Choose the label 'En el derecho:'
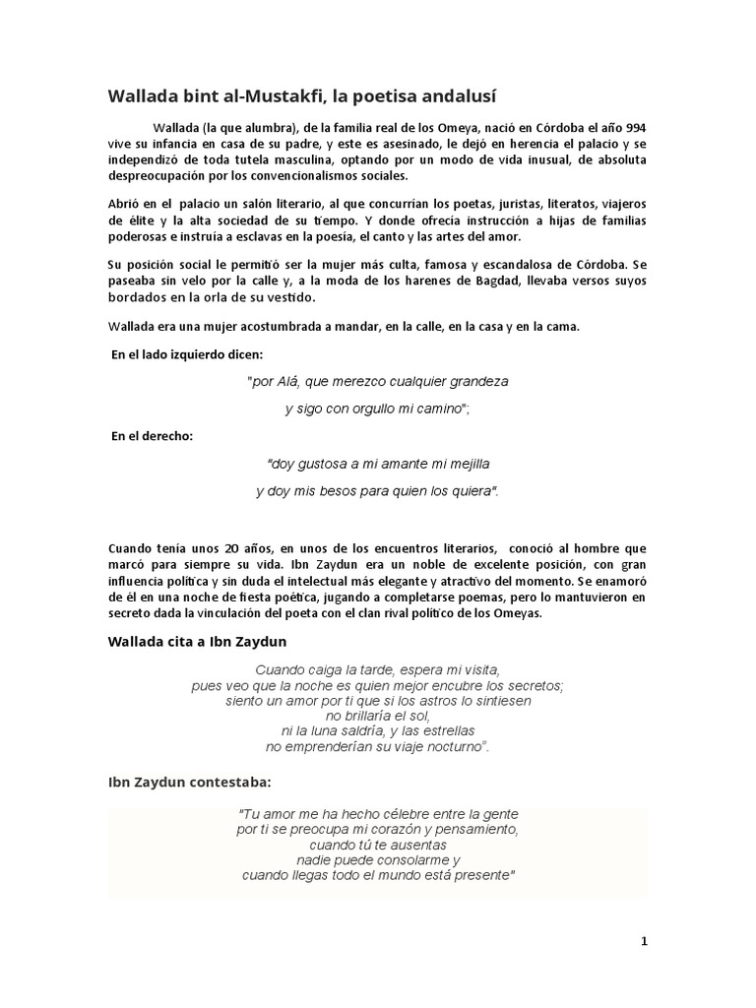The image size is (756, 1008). point(152,435)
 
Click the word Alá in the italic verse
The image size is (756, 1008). point(290,380)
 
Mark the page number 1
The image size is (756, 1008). point(644,941)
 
